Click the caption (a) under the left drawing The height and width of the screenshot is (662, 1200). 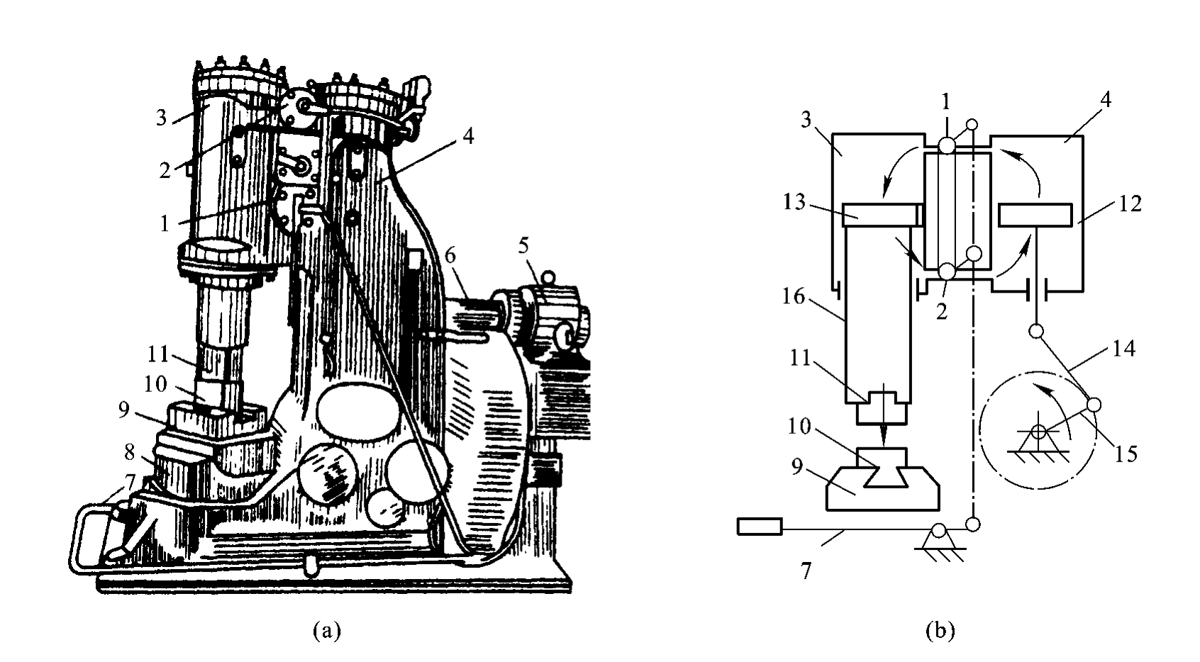tap(327, 630)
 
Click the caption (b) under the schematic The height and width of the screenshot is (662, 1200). tap(940, 630)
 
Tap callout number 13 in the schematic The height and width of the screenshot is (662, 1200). tap(794, 202)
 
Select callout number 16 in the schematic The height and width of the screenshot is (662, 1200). tap(794, 296)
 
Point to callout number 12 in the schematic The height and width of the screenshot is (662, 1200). tap(1130, 204)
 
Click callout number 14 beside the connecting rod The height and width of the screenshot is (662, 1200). tap(1124, 349)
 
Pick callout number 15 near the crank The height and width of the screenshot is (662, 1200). tap(1126, 454)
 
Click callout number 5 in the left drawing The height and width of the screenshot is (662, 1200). tap(523, 246)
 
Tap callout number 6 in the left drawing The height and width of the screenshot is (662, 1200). tap(450, 256)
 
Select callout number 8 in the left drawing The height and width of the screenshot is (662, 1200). tap(129, 453)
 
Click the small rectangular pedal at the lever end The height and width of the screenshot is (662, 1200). tap(760, 526)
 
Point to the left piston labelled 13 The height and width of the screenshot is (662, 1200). tap(879, 215)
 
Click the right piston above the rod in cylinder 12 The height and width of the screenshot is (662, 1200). tap(1035, 215)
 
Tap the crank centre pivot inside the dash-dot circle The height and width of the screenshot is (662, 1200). tap(1039, 432)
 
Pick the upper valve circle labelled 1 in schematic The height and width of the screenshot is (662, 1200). tap(947, 145)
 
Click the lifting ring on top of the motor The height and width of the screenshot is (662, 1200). tap(547, 278)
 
